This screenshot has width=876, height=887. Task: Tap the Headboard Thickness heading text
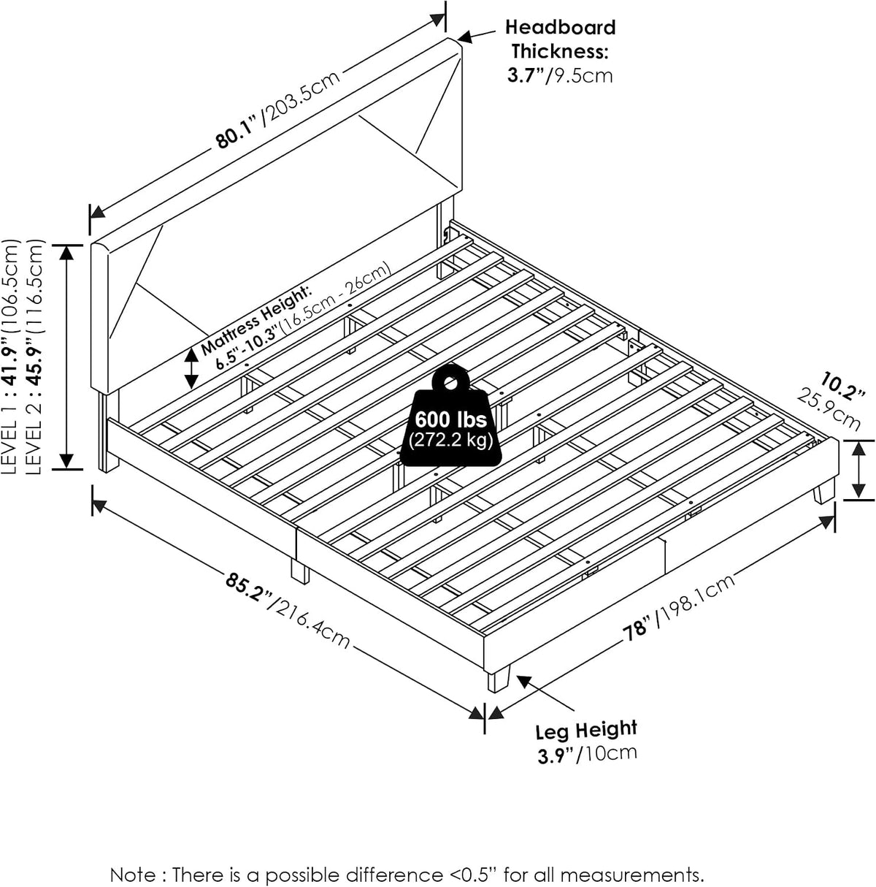pos(561,39)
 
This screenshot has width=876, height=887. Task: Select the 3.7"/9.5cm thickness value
pos(560,75)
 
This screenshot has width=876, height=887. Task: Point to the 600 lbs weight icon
pos(450,415)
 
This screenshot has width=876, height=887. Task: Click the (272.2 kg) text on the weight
pos(451,441)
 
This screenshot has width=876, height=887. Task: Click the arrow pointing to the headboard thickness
pos(477,36)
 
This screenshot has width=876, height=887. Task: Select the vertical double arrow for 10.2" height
pos(858,470)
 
